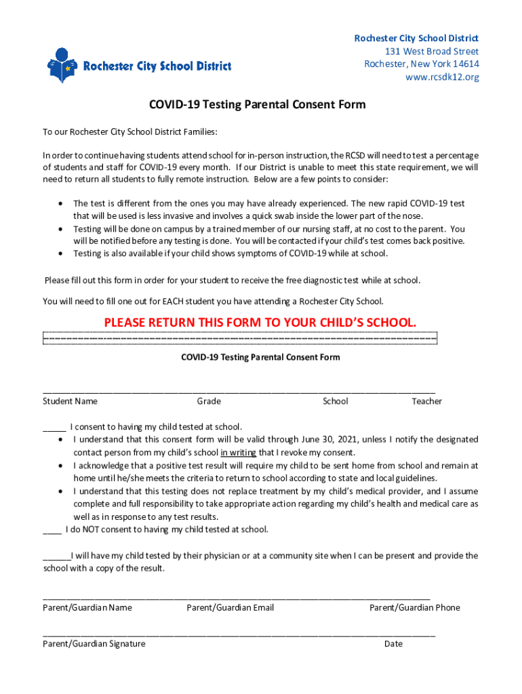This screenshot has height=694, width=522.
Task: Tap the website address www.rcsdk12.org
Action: pos(442,77)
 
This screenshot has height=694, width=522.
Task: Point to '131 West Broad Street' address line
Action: pos(432,52)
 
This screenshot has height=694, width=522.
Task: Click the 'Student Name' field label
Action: pos(70,401)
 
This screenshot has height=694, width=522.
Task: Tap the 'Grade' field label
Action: pos(209,401)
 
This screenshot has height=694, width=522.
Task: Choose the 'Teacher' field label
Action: pos(426,401)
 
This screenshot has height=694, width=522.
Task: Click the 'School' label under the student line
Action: pos(335,401)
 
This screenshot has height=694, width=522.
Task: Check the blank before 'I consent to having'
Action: pos(54,428)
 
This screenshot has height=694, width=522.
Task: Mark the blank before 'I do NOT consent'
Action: pos(52,530)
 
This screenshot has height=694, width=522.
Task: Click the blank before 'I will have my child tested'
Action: pos(56,556)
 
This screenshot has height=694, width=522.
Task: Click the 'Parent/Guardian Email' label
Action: pos(230,608)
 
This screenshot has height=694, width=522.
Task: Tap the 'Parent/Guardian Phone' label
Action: pos(414,608)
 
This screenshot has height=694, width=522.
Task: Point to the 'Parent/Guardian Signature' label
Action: pos(94,644)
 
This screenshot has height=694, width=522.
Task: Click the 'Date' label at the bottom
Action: pos(393,644)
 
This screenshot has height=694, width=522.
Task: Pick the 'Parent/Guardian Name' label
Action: pos(87,608)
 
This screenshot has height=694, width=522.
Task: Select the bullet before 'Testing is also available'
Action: pos(62,253)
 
